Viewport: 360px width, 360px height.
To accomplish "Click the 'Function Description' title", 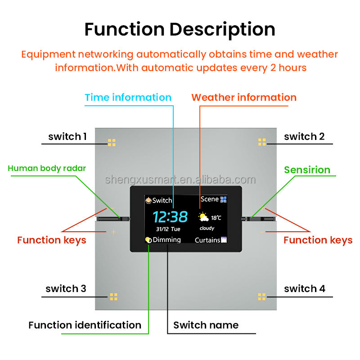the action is pos(180,29).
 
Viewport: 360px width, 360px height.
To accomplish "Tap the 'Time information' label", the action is pos(128,97).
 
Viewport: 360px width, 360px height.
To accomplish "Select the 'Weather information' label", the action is pos(244,97).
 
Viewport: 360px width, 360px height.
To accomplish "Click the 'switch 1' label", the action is pos(67,136).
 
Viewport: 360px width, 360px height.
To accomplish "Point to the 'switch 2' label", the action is pos(304,136).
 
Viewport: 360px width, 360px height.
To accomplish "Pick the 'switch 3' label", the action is pos(66,288).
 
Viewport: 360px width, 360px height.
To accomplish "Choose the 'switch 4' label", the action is pos(305,288).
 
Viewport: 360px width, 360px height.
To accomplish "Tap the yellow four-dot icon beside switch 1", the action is pos(112,142).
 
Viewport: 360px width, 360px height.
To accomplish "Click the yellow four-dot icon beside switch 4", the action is pos(262,297).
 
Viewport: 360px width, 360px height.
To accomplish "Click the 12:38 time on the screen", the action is pos(170,217).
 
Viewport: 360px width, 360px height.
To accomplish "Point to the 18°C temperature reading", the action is pos(216,218).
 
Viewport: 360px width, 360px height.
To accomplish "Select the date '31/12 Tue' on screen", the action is pos(168,229).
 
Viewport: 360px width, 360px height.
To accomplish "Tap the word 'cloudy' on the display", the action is pos(207,229).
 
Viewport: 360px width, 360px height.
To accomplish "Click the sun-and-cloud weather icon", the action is pos(203,217).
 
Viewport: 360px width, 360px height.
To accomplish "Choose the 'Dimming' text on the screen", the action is pos(166,240).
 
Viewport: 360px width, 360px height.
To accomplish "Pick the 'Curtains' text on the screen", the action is pos(207,240).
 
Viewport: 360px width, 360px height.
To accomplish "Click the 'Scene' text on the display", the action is pos(210,199).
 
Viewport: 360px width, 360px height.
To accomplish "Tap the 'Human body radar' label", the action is pos(47,169).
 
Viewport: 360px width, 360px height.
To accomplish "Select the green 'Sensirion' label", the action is pos(307,170).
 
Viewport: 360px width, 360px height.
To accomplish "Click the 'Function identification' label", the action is pos(85,325).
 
